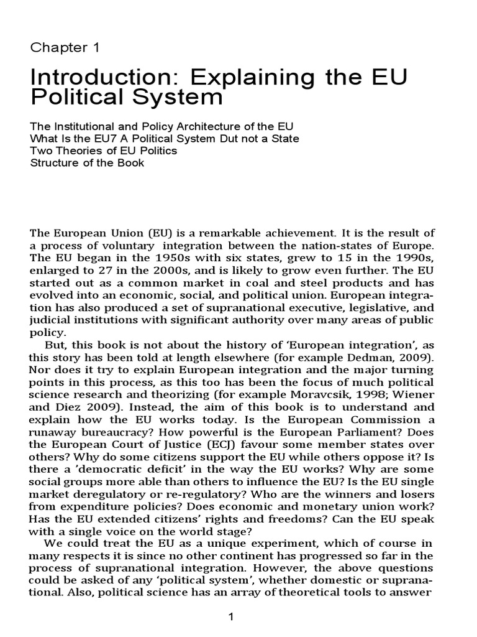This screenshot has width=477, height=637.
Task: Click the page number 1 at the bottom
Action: (x=231, y=618)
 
